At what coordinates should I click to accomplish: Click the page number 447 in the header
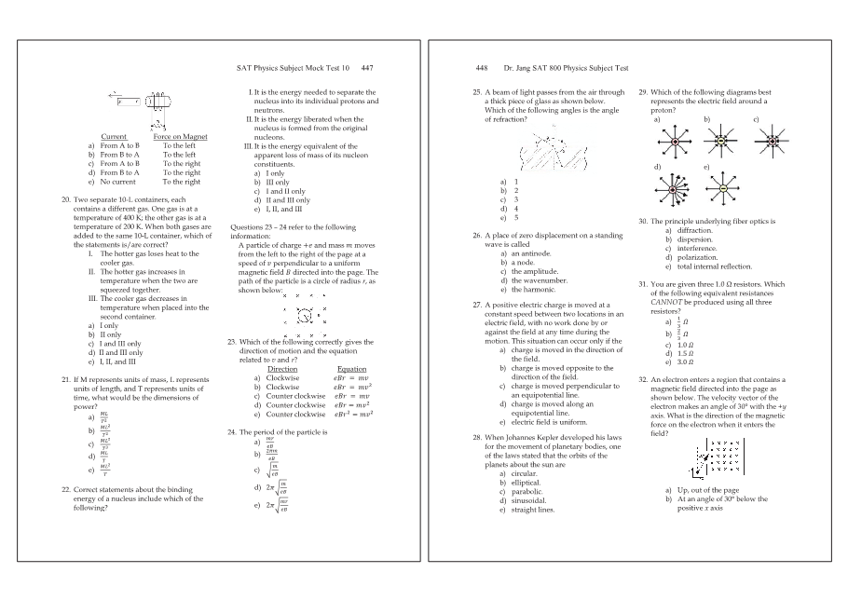click(367, 68)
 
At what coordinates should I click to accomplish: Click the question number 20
click(65, 199)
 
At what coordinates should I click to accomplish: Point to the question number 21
click(65, 380)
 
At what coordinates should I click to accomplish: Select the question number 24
click(233, 432)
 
